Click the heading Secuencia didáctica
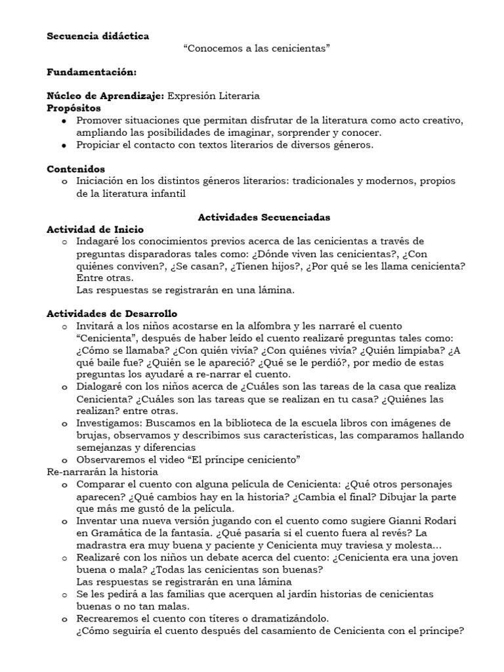(x=98, y=36)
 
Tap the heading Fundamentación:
(x=91, y=72)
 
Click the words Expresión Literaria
(x=213, y=96)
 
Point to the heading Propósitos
(x=74, y=108)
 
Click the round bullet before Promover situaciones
(x=63, y=121)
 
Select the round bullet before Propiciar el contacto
(x=63, y=145)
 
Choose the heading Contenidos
(x=75, y=169)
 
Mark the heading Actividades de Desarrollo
(x=112, y=314)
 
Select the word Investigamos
(x=109, y=422)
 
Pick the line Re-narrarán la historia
(x=102, y=471)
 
